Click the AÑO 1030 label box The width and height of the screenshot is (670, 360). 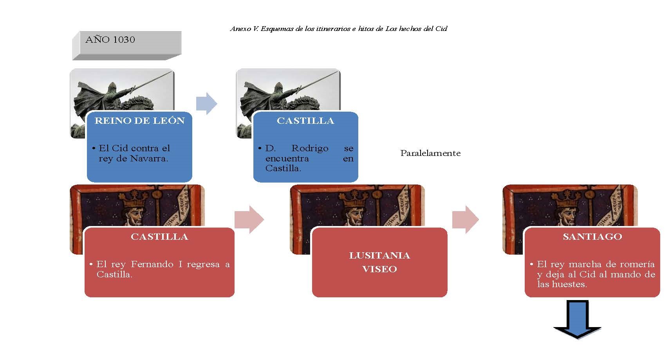click(126, 45)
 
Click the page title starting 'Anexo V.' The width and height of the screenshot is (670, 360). click(338, 29)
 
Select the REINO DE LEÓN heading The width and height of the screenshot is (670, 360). click(139, 121)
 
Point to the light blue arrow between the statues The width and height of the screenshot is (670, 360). click(206, 103)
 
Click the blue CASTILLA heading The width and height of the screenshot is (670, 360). click(305, 121)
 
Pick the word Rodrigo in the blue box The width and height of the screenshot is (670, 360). click(310, 148)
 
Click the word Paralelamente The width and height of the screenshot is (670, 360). click(430, 153)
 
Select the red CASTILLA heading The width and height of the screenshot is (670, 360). click(159, 237)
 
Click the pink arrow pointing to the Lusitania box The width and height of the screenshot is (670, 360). click(249, 219)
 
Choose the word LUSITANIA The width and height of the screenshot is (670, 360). click(379, 255)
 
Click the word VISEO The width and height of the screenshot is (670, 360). click(379, 269)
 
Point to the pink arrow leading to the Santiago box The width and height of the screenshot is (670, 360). click(466, 219)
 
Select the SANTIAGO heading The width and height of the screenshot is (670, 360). click(592, 237)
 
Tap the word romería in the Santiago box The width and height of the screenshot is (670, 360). click(638, 264)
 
